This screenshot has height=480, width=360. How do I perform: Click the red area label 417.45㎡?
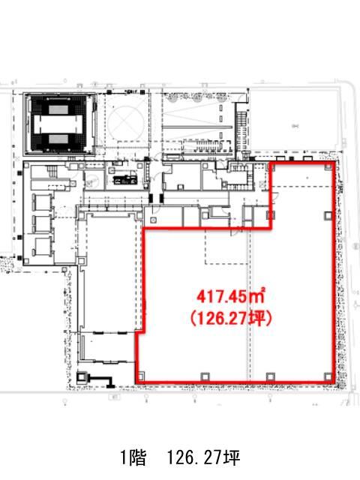230,296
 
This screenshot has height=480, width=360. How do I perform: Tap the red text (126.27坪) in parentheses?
231,319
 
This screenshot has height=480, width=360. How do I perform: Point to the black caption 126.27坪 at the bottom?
203,457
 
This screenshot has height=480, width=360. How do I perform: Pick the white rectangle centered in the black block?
58,124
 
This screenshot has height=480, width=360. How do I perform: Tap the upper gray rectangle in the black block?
58,109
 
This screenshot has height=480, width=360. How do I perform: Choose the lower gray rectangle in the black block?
58,139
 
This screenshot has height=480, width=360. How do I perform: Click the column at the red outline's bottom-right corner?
328,376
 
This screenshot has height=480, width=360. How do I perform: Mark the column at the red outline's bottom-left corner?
141,376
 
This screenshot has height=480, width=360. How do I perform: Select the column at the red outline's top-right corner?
328,166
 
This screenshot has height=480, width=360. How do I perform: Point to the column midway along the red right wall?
328,215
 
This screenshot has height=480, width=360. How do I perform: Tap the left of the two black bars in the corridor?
151,198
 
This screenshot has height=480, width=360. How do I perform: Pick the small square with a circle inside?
153,220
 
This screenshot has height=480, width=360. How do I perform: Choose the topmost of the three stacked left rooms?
43,202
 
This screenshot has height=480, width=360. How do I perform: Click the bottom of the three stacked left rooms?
43,247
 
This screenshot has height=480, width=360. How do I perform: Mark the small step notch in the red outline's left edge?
140,331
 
